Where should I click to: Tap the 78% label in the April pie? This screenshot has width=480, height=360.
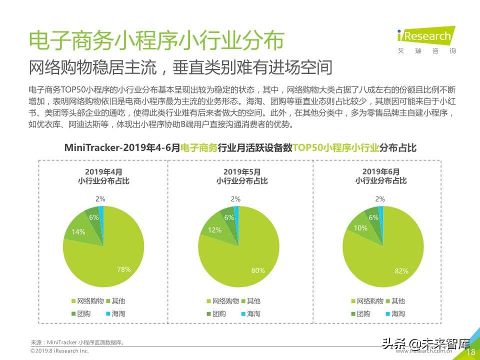point(123,269)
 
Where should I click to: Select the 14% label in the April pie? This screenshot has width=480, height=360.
point(78,232)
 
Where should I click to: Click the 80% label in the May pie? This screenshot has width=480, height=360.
point(258,270)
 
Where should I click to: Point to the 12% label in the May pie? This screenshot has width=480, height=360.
point(214,230)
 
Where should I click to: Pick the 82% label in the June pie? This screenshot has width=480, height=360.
point(401,271)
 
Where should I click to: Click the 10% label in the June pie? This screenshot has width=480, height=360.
point(360,228)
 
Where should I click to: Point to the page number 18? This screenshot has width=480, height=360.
point(470,352)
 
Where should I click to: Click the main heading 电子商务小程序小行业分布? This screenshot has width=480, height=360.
point(155,40)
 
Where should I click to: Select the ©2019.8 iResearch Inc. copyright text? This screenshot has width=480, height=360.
point(59,351)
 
